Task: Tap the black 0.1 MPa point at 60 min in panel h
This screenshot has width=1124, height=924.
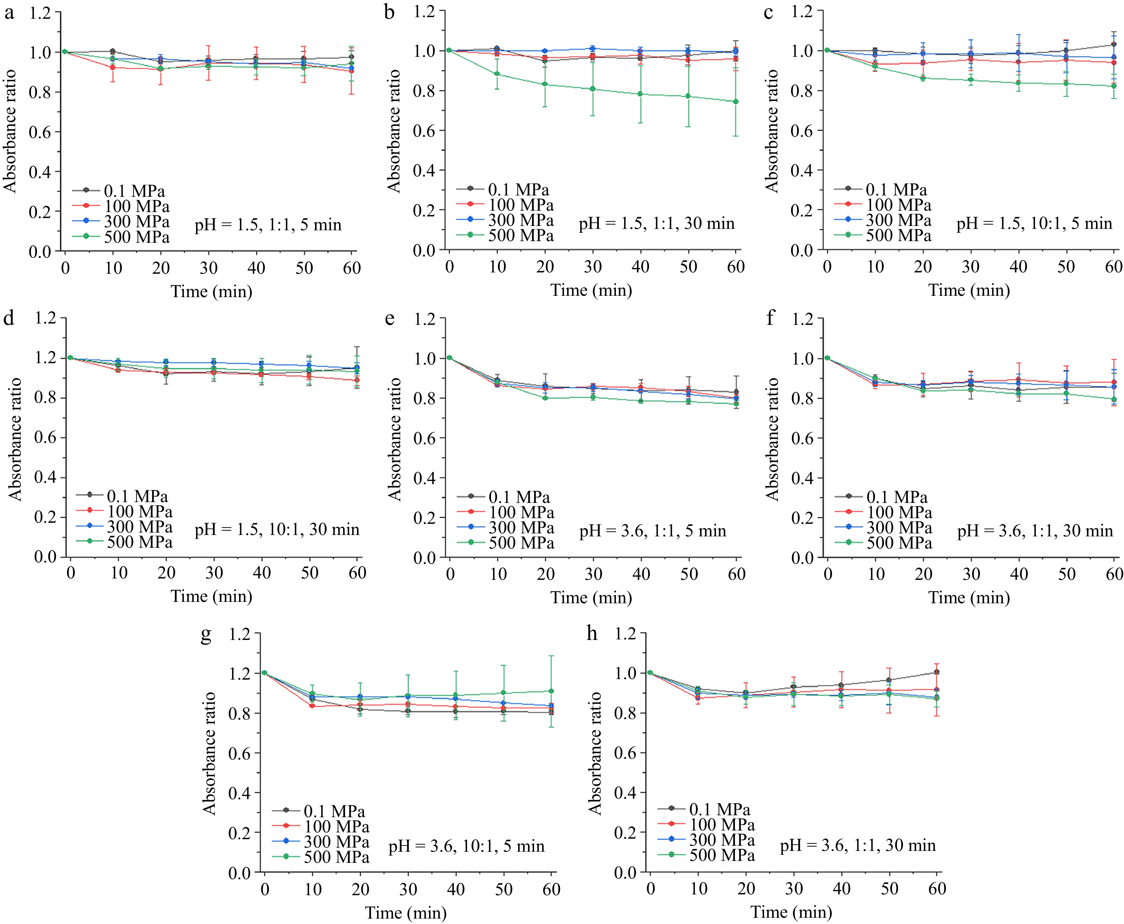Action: tap(937, 672)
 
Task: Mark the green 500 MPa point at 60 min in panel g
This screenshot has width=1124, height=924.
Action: tap(551, 691)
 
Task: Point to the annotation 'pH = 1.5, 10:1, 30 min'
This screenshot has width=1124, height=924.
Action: tap(277, 530)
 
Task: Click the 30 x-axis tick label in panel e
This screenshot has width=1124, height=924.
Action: tap(593, 574)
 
